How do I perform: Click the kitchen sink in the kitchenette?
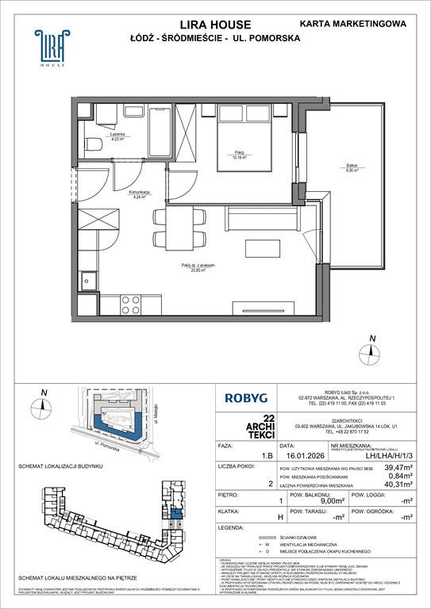pyautogui.click(x=88, y=281)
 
